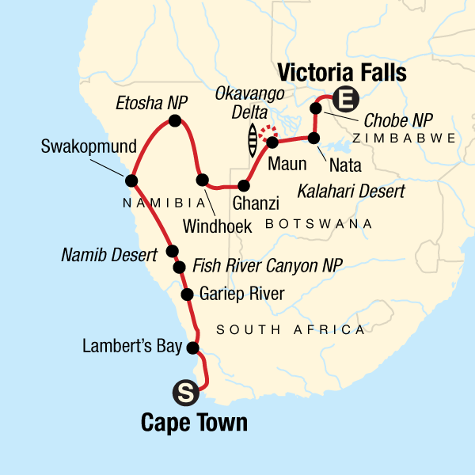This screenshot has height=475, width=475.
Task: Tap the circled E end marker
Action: [344, 100]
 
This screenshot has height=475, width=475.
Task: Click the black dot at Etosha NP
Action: [175, 121]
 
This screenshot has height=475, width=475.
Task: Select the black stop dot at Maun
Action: [272, 143]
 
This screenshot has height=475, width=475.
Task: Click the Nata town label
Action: [329, 165]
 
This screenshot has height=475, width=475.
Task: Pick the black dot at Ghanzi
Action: [243, 186]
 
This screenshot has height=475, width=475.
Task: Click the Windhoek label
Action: [217, 226]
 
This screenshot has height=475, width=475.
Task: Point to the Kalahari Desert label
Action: [351, 191]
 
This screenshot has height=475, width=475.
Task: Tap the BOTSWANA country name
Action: [319, 225]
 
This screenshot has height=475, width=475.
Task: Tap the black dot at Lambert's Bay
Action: [192, 347]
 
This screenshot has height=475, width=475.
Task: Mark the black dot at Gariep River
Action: [188, 295]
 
